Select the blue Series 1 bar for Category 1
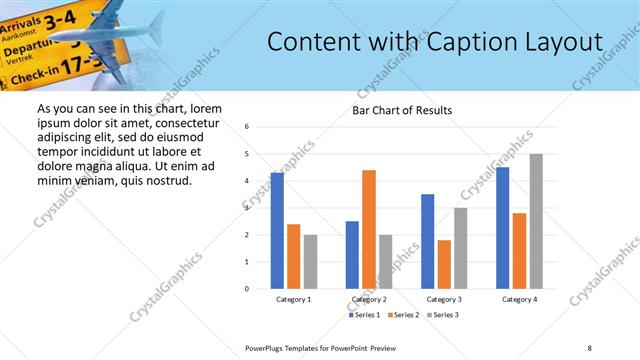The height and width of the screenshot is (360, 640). pos(277,231)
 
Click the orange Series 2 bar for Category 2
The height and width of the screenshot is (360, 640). pos(369,229)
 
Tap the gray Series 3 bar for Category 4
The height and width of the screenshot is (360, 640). pos(536,221)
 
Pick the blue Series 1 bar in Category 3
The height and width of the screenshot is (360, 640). pos(427,241)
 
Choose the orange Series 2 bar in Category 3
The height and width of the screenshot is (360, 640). pos(444,264)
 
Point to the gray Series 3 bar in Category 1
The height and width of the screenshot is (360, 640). pos(310,262)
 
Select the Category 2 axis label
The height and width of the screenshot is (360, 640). pos(369,299)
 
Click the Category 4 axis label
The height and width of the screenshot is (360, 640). pos(519,299)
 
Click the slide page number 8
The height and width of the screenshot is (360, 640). pos(590,346)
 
